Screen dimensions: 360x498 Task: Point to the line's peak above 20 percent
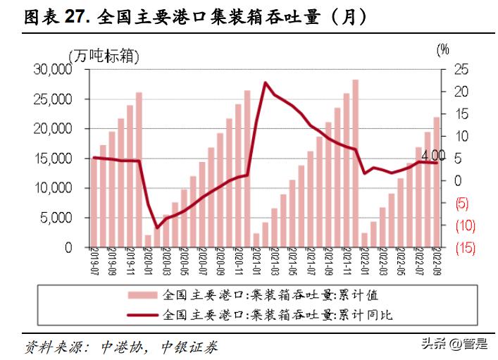[x=265, y=83]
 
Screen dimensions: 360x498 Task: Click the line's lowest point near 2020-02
[x=158, y=228]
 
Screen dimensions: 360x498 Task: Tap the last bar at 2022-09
[x=436, y=182]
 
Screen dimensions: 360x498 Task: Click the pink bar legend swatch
[x=143, y=294]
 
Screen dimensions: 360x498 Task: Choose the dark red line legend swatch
[x=143, y=315]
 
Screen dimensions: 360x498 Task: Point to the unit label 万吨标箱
[x=104, y=54]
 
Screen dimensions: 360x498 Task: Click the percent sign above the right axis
[x=442, y=49]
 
